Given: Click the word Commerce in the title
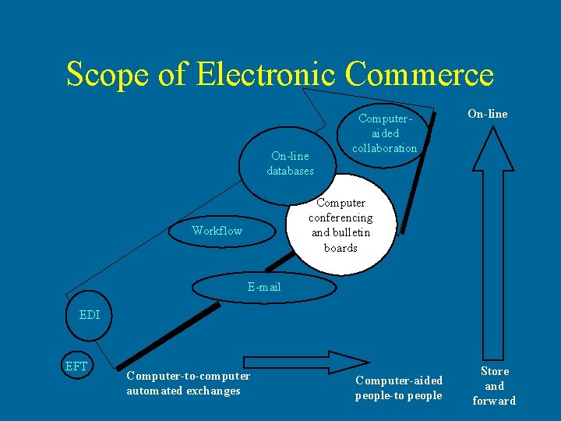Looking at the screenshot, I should [x=419, y=75].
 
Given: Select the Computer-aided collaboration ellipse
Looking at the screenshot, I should [x=384, y=133].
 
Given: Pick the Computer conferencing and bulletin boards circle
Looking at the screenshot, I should [x=340, y=225].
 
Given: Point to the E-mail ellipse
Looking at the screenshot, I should [x=264, y=287].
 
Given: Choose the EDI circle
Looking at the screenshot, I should [x=90, y=316].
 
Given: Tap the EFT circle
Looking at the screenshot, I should [x=76, y=365].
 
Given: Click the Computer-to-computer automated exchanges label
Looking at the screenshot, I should [x=189, y=383].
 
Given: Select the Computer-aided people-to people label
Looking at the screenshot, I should [x=399, y=387].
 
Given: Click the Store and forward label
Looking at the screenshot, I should [x=494, y=386].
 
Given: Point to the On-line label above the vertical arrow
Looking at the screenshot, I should [x=487, y=114].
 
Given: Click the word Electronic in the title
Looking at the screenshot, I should [x=267, y=75].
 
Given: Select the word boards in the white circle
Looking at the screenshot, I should [x=340, y=248].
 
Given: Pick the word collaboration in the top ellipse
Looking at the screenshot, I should [x=384, y=148].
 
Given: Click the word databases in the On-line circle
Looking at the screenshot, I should [x=290, y=171].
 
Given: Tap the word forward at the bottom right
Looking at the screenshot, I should [x=494, y=401].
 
